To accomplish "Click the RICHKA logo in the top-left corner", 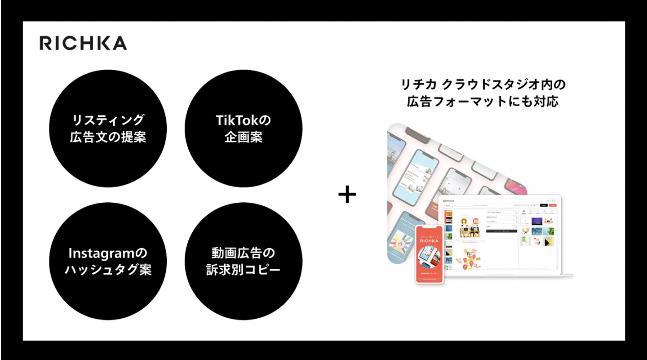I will click(83, 43).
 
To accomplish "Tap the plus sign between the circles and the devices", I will click(347, 196).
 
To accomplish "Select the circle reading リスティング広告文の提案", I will click(108, 128).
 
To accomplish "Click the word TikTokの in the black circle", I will click(243, 120).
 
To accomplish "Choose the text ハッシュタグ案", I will click(108, 270).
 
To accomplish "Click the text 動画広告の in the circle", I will click(243, 253).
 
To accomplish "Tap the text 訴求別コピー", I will click(243, 270).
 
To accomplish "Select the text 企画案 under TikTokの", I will click(243, 137).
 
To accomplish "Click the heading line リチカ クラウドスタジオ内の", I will click(483, 84).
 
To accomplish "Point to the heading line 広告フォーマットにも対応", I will click(483, 102).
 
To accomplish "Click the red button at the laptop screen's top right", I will click(553, 205).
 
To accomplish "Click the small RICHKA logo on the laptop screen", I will click(449, 201).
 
